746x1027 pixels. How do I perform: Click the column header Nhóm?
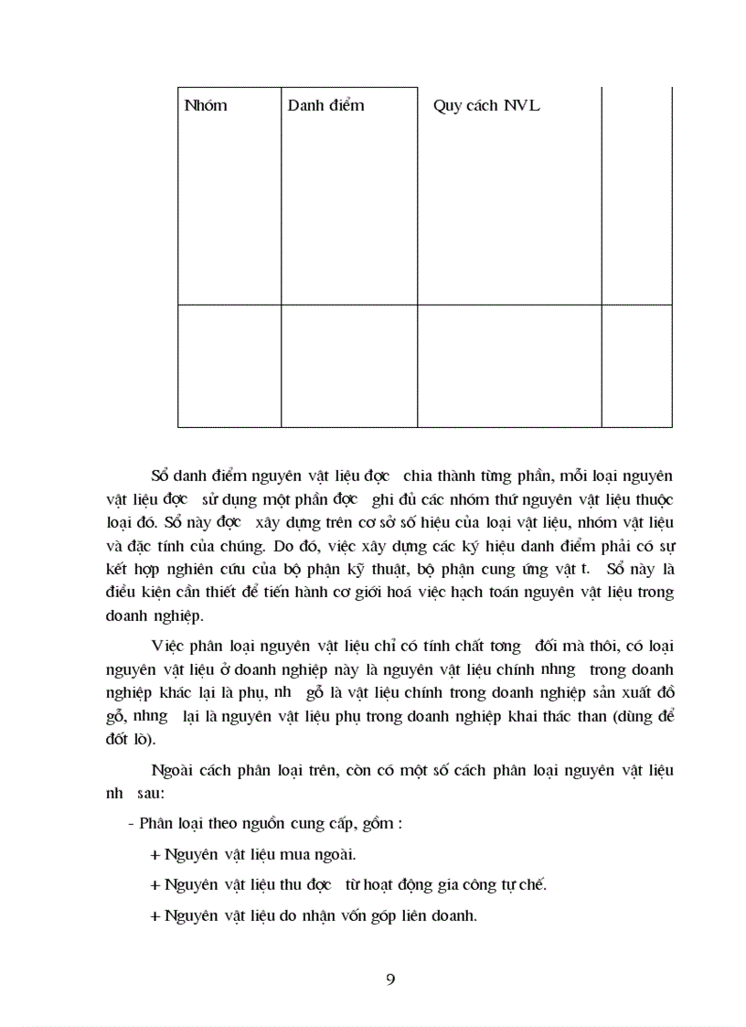[x=206, y=106]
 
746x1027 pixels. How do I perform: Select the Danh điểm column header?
[x=325, y=106]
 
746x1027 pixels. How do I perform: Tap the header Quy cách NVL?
[x=486, y=106]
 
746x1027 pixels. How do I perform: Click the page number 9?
[x=390, y=979]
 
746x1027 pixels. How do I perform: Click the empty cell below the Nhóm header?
[x=229, y=366]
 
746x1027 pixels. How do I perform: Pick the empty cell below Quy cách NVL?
[x=509, y=366]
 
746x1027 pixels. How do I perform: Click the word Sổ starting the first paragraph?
[x=160, y=476]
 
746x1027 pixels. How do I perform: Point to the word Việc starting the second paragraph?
[x=167, y=647]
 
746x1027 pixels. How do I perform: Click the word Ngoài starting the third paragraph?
[x=172, y=772]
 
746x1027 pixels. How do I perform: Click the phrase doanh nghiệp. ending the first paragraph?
[x=155, y=615]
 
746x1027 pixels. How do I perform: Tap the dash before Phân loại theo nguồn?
[x=131, y=824]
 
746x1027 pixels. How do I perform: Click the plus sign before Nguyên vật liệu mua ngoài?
[x=154, y=855]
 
